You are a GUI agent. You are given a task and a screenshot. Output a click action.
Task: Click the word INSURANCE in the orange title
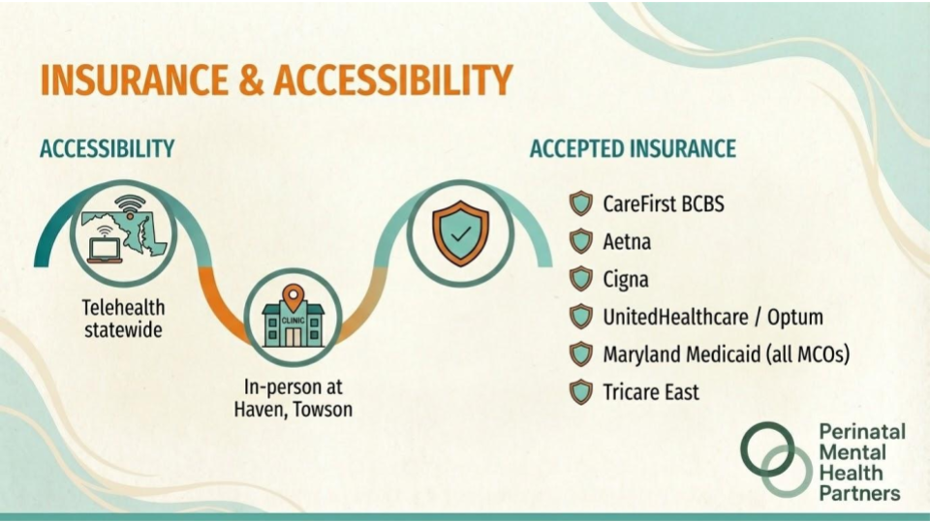[x=134, y=80]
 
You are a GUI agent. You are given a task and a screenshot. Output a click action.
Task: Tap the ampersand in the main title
[x=252, y=80]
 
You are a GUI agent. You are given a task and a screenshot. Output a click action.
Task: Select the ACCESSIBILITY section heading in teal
[x=108, y=149]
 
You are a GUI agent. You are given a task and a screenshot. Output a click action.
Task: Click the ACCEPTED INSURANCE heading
[x=633, y=149]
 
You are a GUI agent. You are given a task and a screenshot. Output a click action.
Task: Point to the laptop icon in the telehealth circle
[x=105, y=247]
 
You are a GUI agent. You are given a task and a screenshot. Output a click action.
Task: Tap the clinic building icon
[x=293, y=323]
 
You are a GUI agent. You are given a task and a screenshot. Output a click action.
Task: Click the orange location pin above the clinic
[x=293, y=296]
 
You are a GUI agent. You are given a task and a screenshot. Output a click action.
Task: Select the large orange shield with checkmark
[x=460, y=233]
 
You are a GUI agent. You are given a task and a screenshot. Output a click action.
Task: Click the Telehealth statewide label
[x=123, y=319]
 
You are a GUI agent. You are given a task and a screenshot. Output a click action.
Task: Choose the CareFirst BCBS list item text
[x=664, y=204]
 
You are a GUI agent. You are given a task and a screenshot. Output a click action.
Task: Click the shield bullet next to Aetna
[x=581, y=241]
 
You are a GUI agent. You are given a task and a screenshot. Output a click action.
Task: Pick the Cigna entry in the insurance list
[x=626, y=280]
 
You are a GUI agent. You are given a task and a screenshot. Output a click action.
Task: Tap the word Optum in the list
[x=795, y=318]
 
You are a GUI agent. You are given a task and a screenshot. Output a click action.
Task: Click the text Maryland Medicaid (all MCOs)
[x=727, y=354]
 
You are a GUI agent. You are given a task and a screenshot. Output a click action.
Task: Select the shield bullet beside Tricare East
[x=581, y=392]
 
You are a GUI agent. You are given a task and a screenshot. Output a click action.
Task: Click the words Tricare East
[x=651, y=392]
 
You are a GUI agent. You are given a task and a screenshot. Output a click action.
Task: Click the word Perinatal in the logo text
[x=862, y=431]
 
